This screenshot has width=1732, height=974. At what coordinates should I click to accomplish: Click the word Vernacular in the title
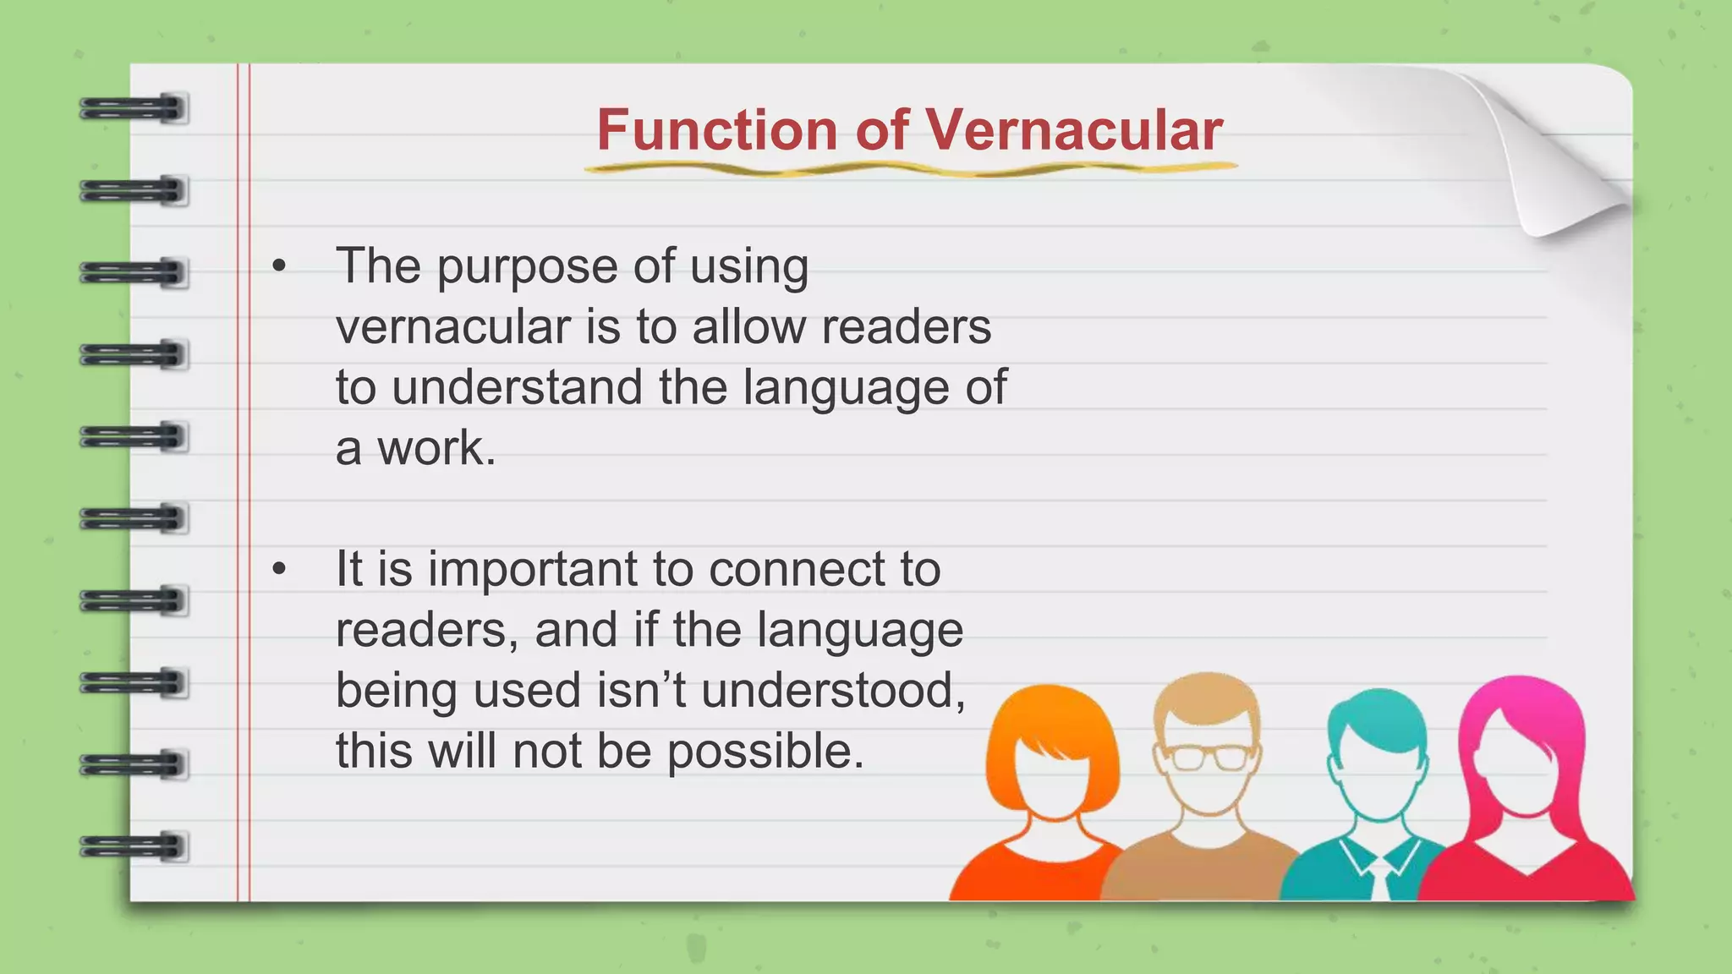pos(1074,130)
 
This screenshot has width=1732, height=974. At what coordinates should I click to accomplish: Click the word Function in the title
pos(717,130)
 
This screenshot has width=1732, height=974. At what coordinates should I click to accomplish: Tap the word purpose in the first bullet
pos(527,267)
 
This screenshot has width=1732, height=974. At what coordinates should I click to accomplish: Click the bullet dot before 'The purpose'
pos(280,267)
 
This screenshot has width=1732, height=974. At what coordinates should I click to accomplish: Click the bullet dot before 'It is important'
pos(280,570)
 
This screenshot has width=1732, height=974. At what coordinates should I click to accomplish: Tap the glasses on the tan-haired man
pos(1209,757)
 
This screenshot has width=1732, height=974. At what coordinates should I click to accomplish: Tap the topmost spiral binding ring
pos(134,109)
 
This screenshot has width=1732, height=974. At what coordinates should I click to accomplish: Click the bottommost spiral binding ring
pos(134,846)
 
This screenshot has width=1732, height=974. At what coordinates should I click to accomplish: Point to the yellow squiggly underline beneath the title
pos(910,170)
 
